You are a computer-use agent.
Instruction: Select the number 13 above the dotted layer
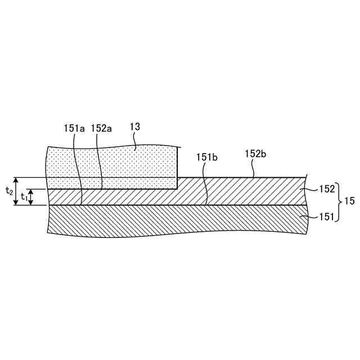click(135, 127)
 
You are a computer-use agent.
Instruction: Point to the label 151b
click(206, 157)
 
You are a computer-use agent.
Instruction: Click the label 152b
click(255, 154)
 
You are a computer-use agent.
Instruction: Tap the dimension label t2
click(9, 191)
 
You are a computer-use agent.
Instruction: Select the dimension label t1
click(24, 197)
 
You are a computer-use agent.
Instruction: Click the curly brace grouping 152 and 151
click(340, 203)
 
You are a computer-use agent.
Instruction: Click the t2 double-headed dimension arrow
click(16, 191)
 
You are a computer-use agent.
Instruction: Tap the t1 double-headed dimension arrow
click(31, 197)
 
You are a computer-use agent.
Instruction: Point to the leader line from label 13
click(137, 143)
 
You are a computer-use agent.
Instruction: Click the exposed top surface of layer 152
click(242, 178)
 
